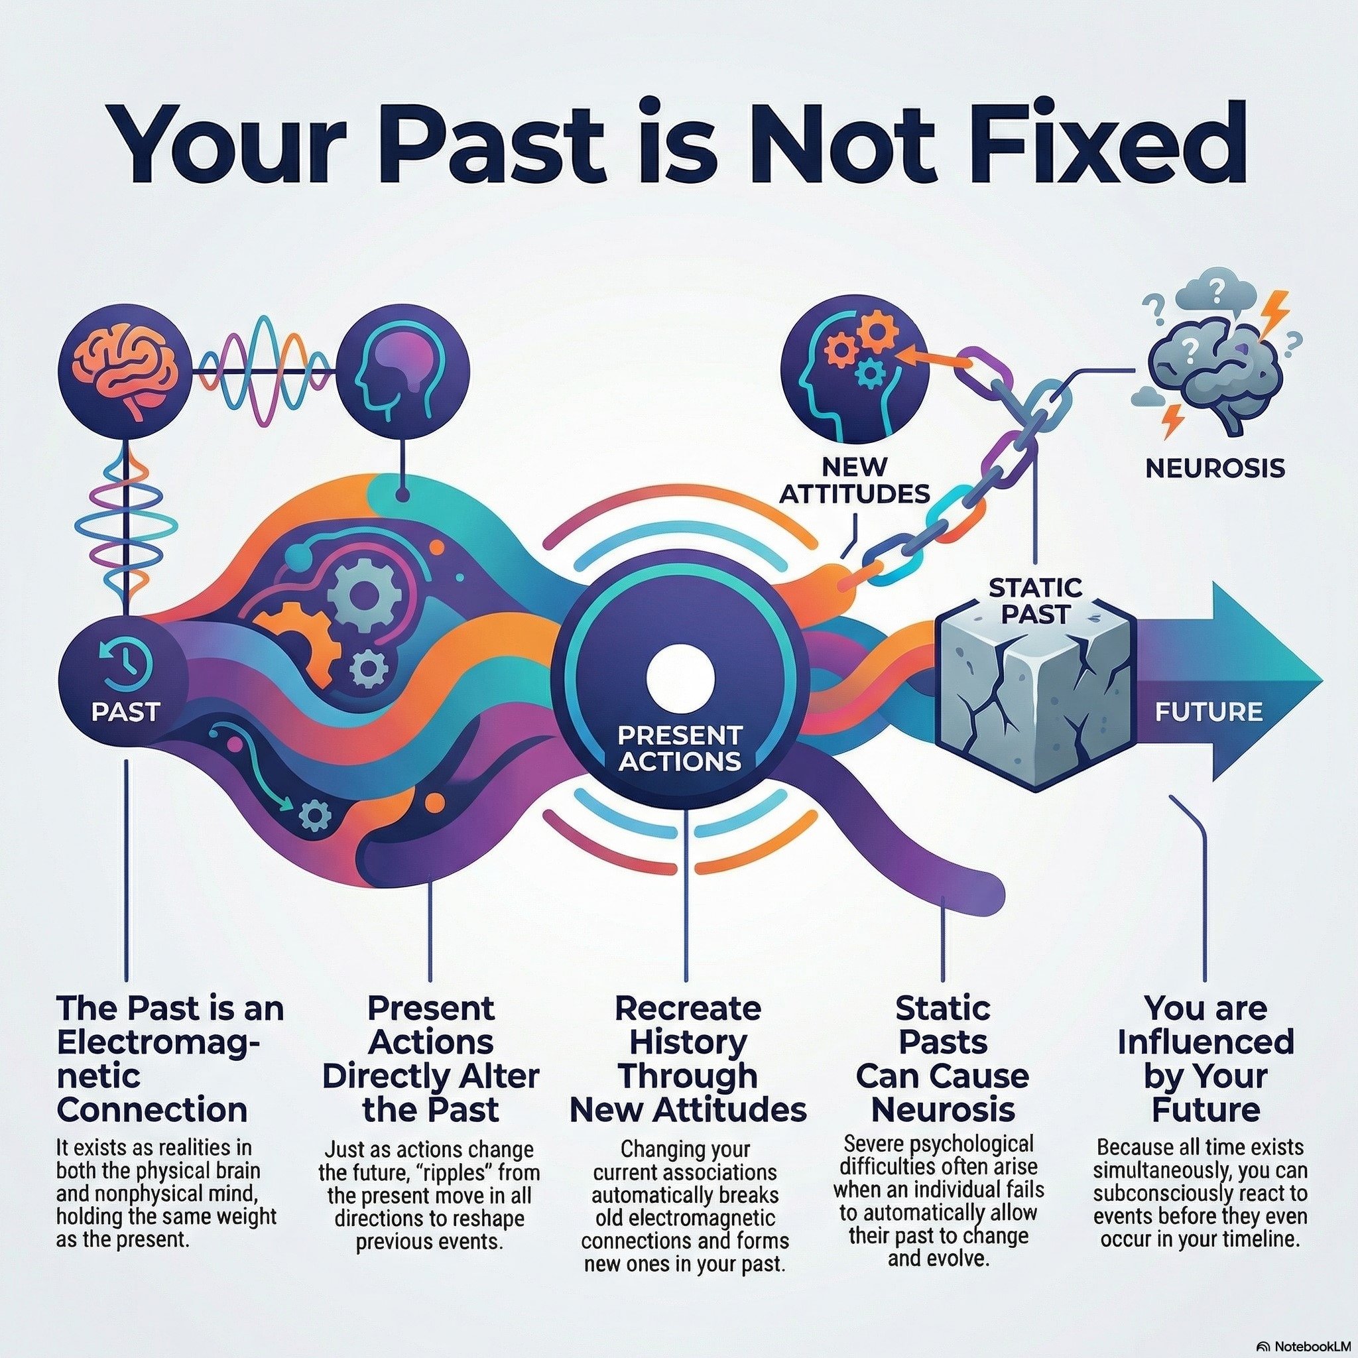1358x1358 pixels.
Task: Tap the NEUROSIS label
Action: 1215,468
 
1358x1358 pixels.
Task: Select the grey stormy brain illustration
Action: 1213,362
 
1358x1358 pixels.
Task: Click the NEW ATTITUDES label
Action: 854,479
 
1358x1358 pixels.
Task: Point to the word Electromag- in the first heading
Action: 159,1042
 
